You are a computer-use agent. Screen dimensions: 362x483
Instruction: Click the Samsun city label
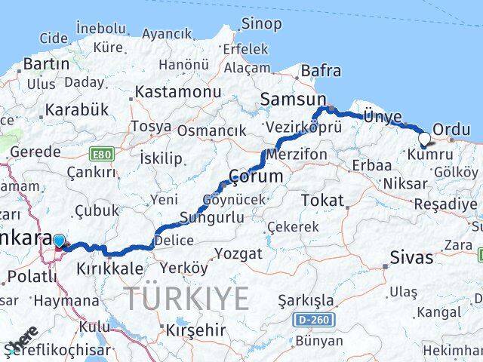[293, 99]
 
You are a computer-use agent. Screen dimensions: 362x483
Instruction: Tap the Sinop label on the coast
[261, 23]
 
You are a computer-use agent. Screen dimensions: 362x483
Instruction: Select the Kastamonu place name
[178, 92]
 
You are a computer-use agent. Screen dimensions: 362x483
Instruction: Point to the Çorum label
[256, 176]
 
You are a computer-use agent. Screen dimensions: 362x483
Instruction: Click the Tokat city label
[322, 200]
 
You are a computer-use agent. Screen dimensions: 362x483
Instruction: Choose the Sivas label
[411, 257]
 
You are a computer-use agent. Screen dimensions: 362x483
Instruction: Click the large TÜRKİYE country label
[186, 299]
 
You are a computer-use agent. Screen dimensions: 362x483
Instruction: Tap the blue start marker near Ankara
[60, 241]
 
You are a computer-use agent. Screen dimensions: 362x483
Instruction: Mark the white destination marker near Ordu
[424, 139]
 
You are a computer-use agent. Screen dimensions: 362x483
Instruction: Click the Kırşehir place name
[195, 330]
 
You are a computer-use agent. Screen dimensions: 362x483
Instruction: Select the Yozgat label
[238, 253]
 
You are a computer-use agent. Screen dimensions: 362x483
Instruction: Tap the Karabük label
[76, 110]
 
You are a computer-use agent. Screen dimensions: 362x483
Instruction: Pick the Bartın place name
[46, 63]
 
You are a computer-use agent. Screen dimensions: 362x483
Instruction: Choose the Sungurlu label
[211, 218]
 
